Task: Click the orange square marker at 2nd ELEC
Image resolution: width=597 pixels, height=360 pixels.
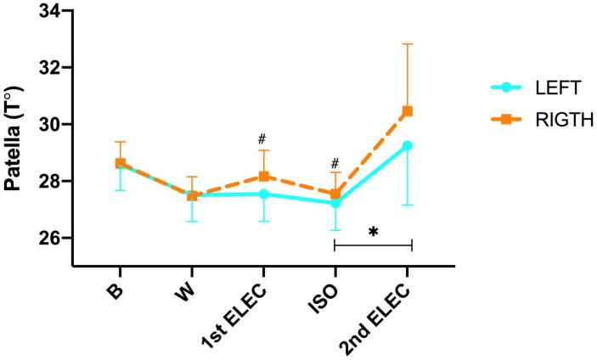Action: (408, 110)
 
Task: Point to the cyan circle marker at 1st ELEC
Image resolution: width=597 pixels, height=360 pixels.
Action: (264, 194)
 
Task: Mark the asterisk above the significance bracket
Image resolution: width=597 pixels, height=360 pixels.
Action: (373, 231)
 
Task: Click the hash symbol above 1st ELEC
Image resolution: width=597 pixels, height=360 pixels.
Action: (264, 138)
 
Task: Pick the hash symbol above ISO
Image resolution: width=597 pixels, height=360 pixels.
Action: (335, 163)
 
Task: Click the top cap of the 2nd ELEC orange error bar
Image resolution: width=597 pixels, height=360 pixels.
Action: (408, 43)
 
